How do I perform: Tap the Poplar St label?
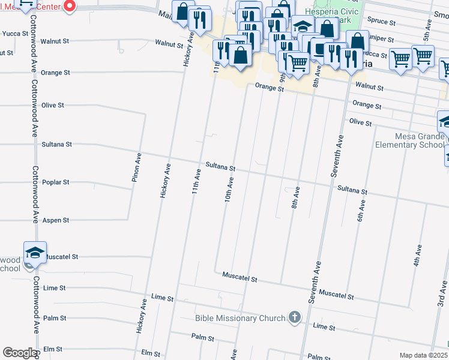[58, 182]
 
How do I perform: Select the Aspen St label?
[58, 220]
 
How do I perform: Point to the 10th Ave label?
[229, 188]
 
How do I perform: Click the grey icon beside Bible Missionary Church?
[294, 317]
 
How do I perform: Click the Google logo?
[19, 353]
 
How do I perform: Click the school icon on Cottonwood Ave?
[35, 253]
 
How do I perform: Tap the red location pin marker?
[69, 6]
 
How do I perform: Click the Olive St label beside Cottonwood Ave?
[53, 105]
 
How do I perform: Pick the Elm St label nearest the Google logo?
[53, 349]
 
